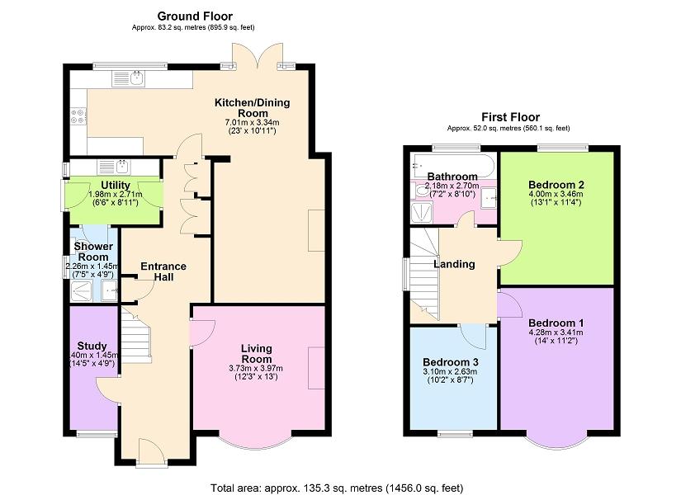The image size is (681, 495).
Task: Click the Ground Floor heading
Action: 195,16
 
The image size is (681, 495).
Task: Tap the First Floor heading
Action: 510,117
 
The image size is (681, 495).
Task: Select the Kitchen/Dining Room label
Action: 253,108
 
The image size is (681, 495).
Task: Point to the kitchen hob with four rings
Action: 78,116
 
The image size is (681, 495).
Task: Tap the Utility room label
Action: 116,186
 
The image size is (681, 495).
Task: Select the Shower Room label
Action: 93,252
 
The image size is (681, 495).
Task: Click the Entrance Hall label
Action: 163,271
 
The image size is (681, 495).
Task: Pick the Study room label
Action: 92,346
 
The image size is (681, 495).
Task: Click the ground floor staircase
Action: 136,334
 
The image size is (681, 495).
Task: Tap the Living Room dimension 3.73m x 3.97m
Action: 256,368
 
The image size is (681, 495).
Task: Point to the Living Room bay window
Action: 255,444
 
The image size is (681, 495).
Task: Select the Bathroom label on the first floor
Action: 452,177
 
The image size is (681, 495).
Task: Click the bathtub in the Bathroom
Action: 453,165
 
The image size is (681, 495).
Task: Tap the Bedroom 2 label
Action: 556,184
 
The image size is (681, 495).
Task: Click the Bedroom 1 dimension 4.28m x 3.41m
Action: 556,332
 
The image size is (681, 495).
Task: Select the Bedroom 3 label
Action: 451,362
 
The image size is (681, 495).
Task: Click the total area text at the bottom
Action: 337,488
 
